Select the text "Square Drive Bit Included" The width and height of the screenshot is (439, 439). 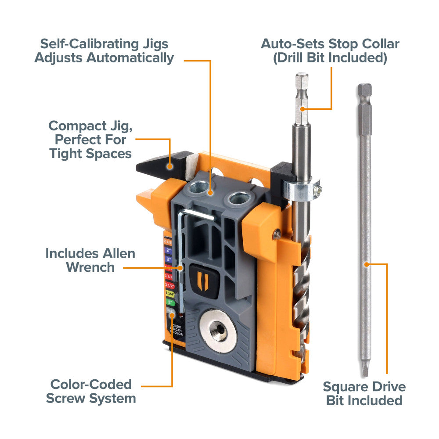(364, 393)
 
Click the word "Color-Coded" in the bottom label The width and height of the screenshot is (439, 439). (91, 385)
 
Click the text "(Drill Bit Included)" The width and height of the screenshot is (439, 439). (330, 58)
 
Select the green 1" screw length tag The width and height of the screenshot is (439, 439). (169, 302)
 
